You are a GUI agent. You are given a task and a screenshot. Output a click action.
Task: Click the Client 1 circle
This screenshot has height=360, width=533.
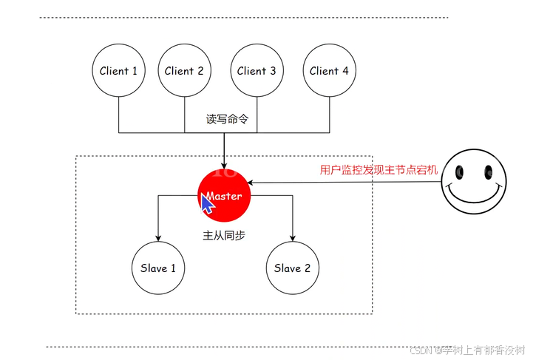coord(119,71)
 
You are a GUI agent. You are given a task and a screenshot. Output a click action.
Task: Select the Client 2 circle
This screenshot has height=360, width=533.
coord(184,71)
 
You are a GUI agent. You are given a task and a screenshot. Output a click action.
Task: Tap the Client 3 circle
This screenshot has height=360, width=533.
coord(257,71)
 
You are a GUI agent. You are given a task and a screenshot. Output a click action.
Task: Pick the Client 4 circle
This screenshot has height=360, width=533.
coord(329,71)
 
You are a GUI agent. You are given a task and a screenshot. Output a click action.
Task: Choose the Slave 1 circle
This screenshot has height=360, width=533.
coord(158,268)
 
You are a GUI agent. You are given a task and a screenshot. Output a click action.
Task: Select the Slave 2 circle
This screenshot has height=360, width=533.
coord(293,268)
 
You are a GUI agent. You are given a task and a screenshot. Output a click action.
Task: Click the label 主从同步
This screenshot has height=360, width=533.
coord(224,234)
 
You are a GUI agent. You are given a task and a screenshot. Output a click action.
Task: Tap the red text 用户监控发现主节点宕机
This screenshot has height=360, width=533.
coord(378,169)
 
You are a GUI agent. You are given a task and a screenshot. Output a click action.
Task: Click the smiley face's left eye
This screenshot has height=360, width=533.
coord(459,173)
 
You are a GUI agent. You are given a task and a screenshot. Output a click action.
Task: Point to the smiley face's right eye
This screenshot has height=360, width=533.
coord(488,173)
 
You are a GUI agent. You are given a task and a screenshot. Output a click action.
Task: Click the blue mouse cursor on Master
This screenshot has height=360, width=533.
coord(208,203)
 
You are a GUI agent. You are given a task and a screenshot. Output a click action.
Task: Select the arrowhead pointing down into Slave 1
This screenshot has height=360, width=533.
coord(158,237)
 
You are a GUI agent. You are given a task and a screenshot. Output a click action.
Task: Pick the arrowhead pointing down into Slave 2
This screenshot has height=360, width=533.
coord(293,237)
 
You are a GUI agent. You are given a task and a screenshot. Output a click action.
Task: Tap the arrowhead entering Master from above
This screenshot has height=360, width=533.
coord(224,165)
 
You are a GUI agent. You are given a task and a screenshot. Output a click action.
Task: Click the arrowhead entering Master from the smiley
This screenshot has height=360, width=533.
coord(251,182)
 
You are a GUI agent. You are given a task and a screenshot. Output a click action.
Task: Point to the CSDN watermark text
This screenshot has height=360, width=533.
coord(466,349)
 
